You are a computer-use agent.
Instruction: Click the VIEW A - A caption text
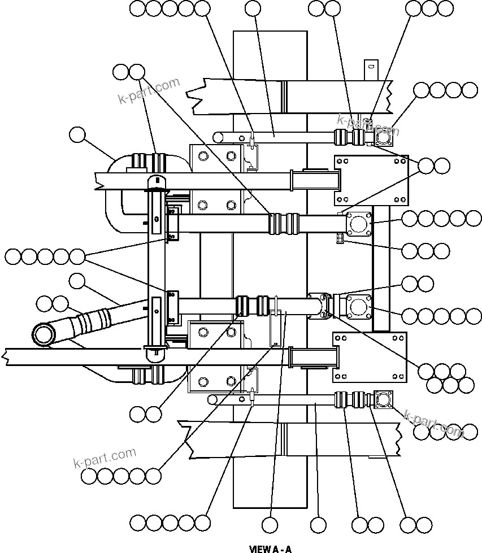click(270, 548)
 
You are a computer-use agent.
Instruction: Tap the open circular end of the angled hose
click(43, 334)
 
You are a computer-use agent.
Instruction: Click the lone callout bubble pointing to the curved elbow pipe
click(77, 135)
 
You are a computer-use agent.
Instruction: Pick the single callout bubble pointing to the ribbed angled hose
click(77, 280)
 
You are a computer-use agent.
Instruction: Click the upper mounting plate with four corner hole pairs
click(371, 180)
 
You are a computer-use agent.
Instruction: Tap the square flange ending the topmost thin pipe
click(384, 137)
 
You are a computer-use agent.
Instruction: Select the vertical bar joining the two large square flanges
click(381, 265)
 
